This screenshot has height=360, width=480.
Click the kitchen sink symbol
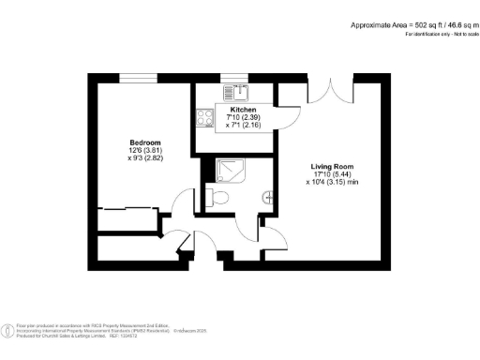point(240,93)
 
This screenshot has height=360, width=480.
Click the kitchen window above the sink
point(241,78)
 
